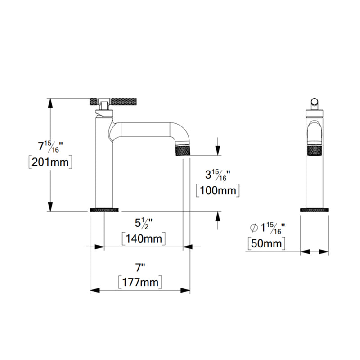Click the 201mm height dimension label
pyautogui.click(x=49, y=162)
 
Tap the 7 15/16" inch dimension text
pyautogui.click(x=49, y=147)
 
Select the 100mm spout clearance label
pyautogui.click(x=218, y=190)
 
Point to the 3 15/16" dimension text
pyautogui.click(x=218, y=175)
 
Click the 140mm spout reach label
pyautogui.click(x=144, y=238)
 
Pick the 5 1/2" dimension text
pyautogui.click(x=144, y=223)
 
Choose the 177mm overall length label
pyautogui.click(x=139, y=282)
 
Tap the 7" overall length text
pyautogui.click(x=141, y=267)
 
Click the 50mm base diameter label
pyautogui.click(x=266, y=244)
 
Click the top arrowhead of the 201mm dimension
pyautogui.click(x=51, y=103)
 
